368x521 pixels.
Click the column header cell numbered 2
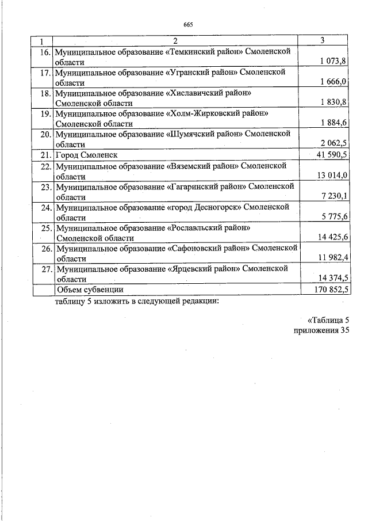coord(176,40)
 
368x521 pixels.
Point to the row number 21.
coord(45,155)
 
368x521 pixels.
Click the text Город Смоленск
coord(83,155)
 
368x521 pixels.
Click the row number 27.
coord(45,269)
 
